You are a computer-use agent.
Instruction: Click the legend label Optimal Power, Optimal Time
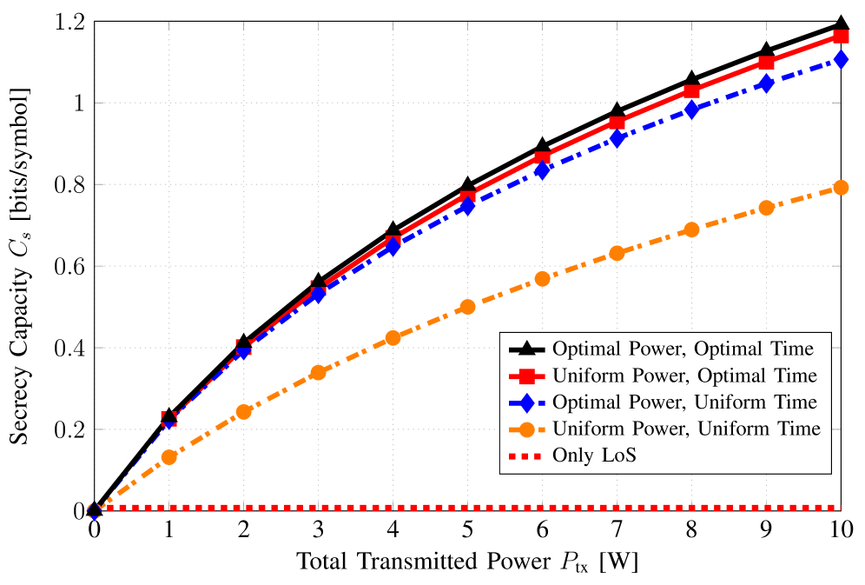point(683,349)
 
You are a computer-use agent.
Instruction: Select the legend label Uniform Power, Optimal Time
point(684,376)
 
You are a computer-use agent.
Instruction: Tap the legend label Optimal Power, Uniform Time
point(684,402)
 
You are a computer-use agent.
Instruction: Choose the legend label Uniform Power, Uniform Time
point(686,429)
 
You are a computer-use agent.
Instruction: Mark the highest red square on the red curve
point(841,37)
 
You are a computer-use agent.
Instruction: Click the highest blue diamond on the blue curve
point(841,59)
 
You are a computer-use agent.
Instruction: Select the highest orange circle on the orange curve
point(841,188)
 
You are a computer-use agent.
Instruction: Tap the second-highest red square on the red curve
point(766,63)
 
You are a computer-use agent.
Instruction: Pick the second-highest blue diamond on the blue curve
point(766,83)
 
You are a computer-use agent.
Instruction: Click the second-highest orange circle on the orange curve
point(766,208)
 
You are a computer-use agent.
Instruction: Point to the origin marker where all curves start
point(95,511)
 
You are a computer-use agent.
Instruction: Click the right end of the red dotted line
point(839,508)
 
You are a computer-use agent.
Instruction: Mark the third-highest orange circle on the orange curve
point(691,229)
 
